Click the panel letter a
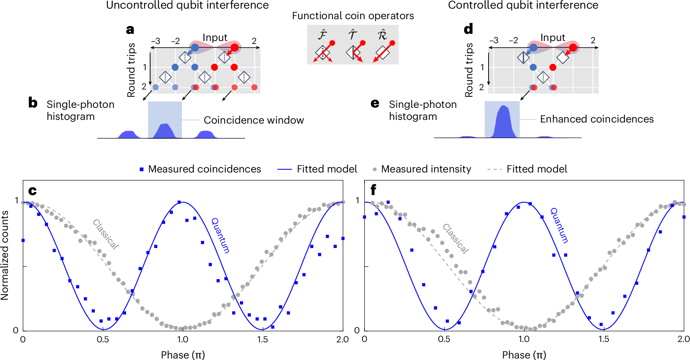[x=130, y=29]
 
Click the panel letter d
[x=468, y=29]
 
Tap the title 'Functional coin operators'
[x=353, y=16]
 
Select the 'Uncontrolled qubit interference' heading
[x=187, y=5]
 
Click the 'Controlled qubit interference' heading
[x=523, y=5]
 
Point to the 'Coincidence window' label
[x=254, y=120]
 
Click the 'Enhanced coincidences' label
[x=596, y=119]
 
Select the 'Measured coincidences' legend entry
[x=204, y=169]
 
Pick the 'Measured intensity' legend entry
[x=426, y=169]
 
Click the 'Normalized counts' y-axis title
[x=5, y=255]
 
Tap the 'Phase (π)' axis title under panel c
[x=183, y=355]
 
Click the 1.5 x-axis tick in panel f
[x=604, y=339]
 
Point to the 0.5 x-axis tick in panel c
[x=103, y=340]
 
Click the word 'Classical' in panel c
[x=106, y=234]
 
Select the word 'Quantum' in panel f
[x=559, y=225]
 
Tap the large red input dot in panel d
[x=573, y=48]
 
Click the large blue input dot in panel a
[x=195, y=48]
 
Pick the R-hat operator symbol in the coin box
[x=382, y=35]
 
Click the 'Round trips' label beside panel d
[x=469, y=70]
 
